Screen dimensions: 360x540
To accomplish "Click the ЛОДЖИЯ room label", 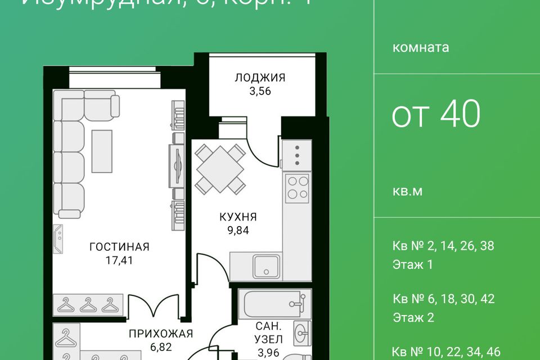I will [260, 78].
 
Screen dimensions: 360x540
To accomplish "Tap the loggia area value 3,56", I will [260, 91].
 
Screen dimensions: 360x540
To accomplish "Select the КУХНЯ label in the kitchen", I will [238, 216].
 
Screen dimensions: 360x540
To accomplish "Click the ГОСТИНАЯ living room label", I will [119, 246].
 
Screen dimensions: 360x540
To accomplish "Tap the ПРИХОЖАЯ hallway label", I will [161, 334].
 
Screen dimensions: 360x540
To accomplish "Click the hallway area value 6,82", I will [161, 347].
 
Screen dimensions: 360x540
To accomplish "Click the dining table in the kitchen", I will [220, 169].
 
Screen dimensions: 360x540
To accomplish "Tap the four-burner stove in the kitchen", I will [298, 189].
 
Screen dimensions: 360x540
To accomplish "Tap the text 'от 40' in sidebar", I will [436, 114].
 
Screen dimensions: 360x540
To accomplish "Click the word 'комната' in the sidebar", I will [421, 47].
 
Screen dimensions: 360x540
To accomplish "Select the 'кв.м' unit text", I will [407, 191].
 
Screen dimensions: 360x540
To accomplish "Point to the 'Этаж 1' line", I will [413, 265].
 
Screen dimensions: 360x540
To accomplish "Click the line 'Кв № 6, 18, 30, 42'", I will [443, 299].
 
